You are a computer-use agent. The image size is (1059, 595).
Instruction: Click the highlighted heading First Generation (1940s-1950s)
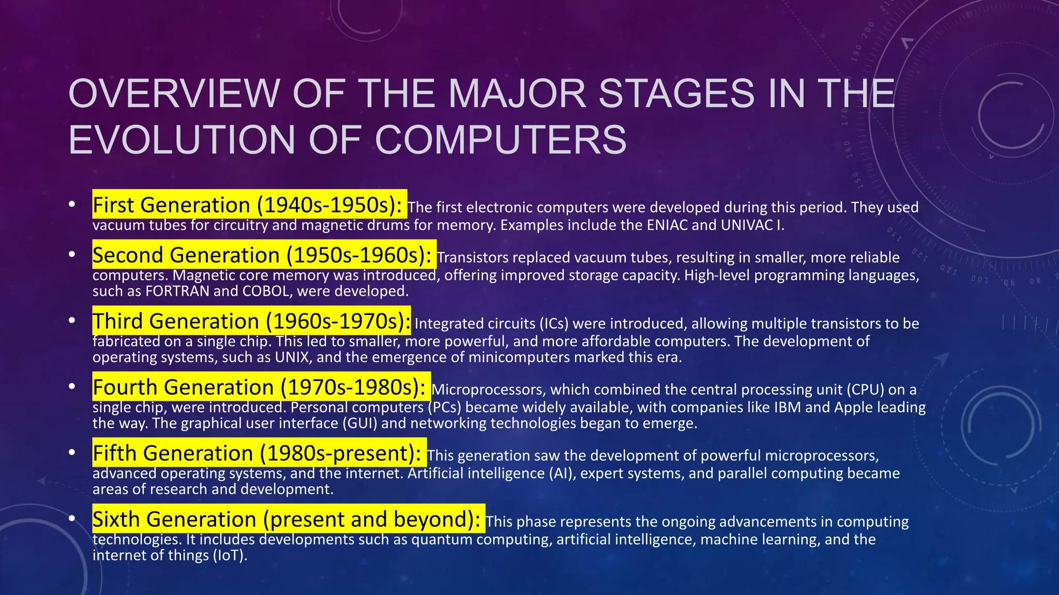point(249,205)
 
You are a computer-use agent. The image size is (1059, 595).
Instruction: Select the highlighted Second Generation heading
point(264,255)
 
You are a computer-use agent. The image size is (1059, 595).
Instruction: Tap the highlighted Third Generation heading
point(251,321)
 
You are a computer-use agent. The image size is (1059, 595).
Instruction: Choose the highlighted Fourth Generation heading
point(261,387)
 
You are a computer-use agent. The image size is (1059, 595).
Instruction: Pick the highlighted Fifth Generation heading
point(259,453)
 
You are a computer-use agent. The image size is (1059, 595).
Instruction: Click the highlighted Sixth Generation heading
point(288,519)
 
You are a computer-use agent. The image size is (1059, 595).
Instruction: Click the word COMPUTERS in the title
point(500,140)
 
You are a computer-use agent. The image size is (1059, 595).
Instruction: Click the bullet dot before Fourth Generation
point(72,386)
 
